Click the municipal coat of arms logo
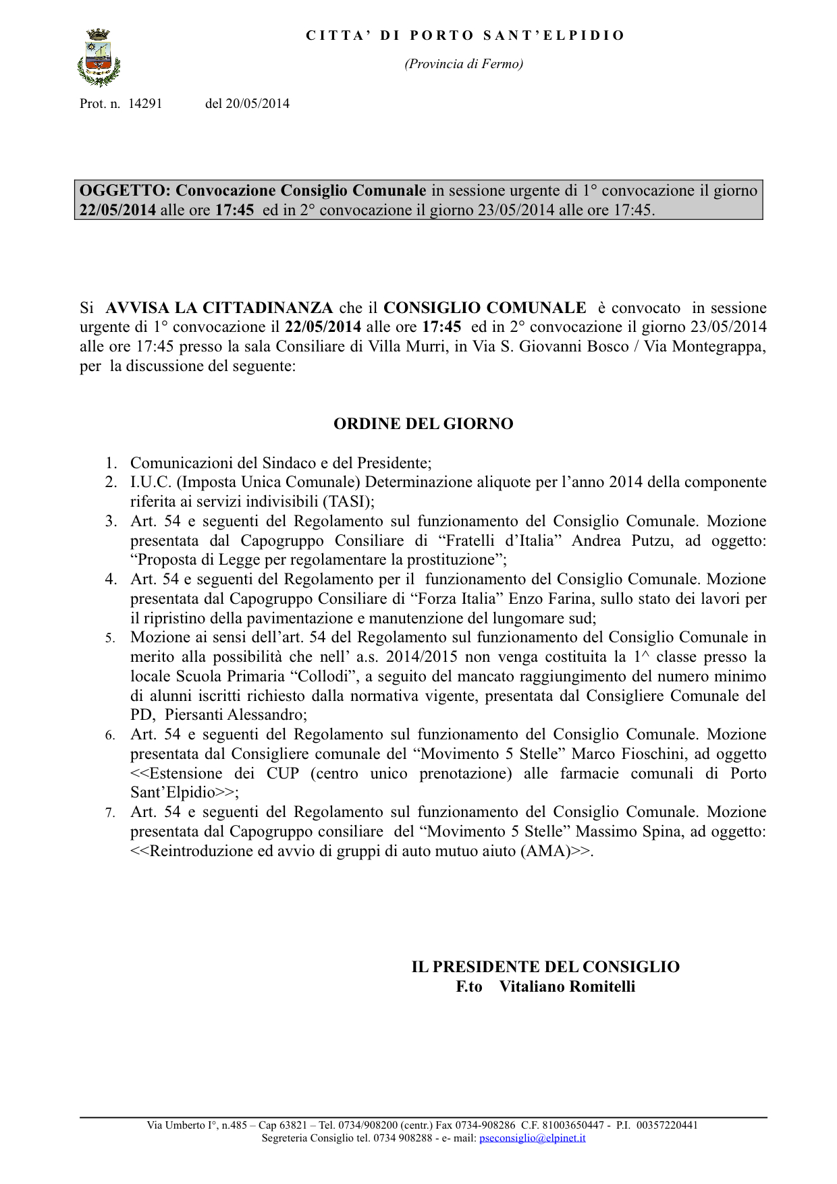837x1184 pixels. (99, 58)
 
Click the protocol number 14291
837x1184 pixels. (145, 104)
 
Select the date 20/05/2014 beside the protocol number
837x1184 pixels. (257, 104)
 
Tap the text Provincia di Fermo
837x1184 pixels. (464, 64)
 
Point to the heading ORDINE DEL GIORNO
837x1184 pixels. (423, 424)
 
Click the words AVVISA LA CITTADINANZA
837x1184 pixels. (219, 308)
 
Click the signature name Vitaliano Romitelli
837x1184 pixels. (567, 987)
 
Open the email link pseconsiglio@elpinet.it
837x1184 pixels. (532, 1138)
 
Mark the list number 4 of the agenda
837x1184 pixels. (111, 580)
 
